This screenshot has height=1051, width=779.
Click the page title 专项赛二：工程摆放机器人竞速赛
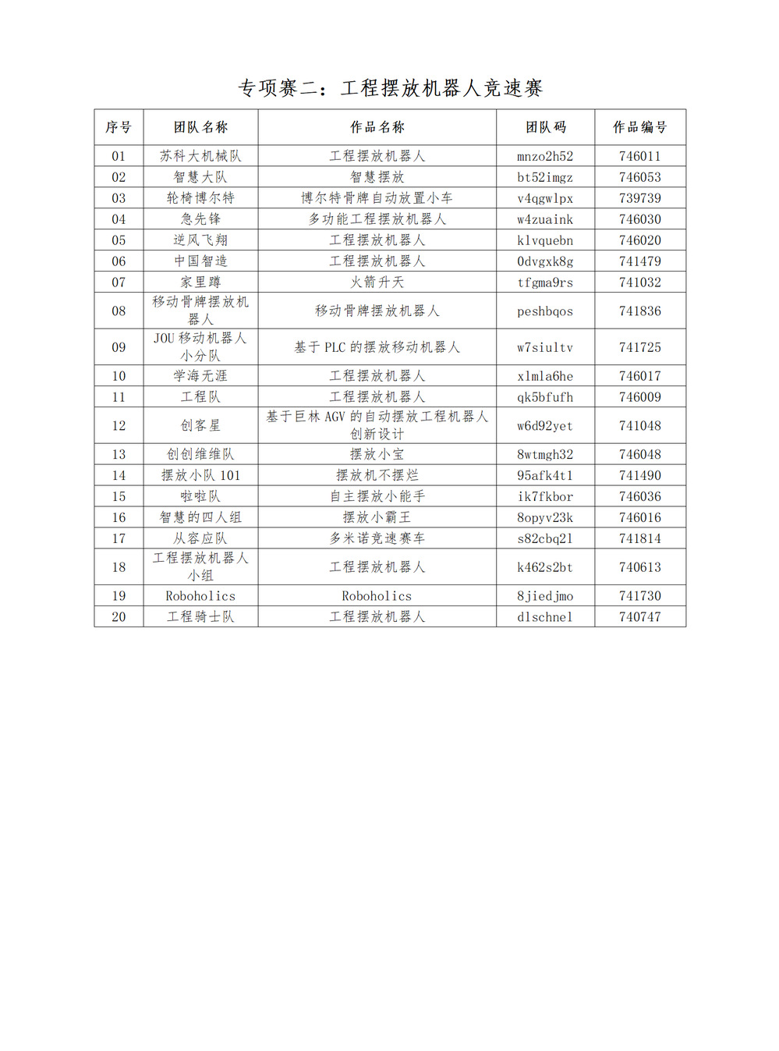390,88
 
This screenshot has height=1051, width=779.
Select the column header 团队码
545,127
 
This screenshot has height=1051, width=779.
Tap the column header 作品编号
639,127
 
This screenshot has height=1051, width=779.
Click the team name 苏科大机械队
200,156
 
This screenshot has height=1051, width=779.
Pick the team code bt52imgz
545,177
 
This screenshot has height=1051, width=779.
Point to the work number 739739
639,198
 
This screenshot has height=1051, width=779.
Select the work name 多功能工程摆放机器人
377,219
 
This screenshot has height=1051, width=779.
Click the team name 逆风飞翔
200,240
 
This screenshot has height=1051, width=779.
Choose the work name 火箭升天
377,282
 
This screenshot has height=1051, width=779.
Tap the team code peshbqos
545,311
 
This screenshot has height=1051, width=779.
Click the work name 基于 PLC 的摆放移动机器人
377,347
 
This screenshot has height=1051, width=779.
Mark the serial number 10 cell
119,376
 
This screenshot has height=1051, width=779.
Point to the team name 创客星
200,426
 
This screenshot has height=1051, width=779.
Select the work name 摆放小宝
377,454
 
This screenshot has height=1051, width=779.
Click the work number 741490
639,475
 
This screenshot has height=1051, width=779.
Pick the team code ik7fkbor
545,496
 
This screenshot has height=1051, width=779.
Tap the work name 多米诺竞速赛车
377,538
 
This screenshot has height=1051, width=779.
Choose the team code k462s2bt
545,567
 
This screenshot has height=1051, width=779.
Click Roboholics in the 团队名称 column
200,596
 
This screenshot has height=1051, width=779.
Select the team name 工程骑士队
200,617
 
